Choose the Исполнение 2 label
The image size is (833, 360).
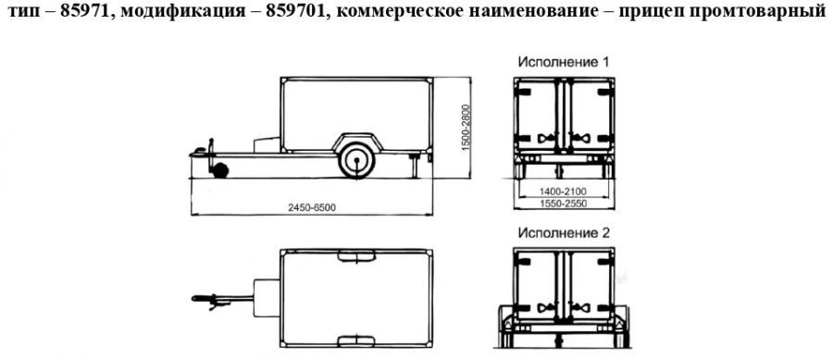click(x=563, y=233)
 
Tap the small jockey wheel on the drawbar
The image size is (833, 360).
click(x=220, y=169)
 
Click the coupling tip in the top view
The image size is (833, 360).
click(x=195, y=297)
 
